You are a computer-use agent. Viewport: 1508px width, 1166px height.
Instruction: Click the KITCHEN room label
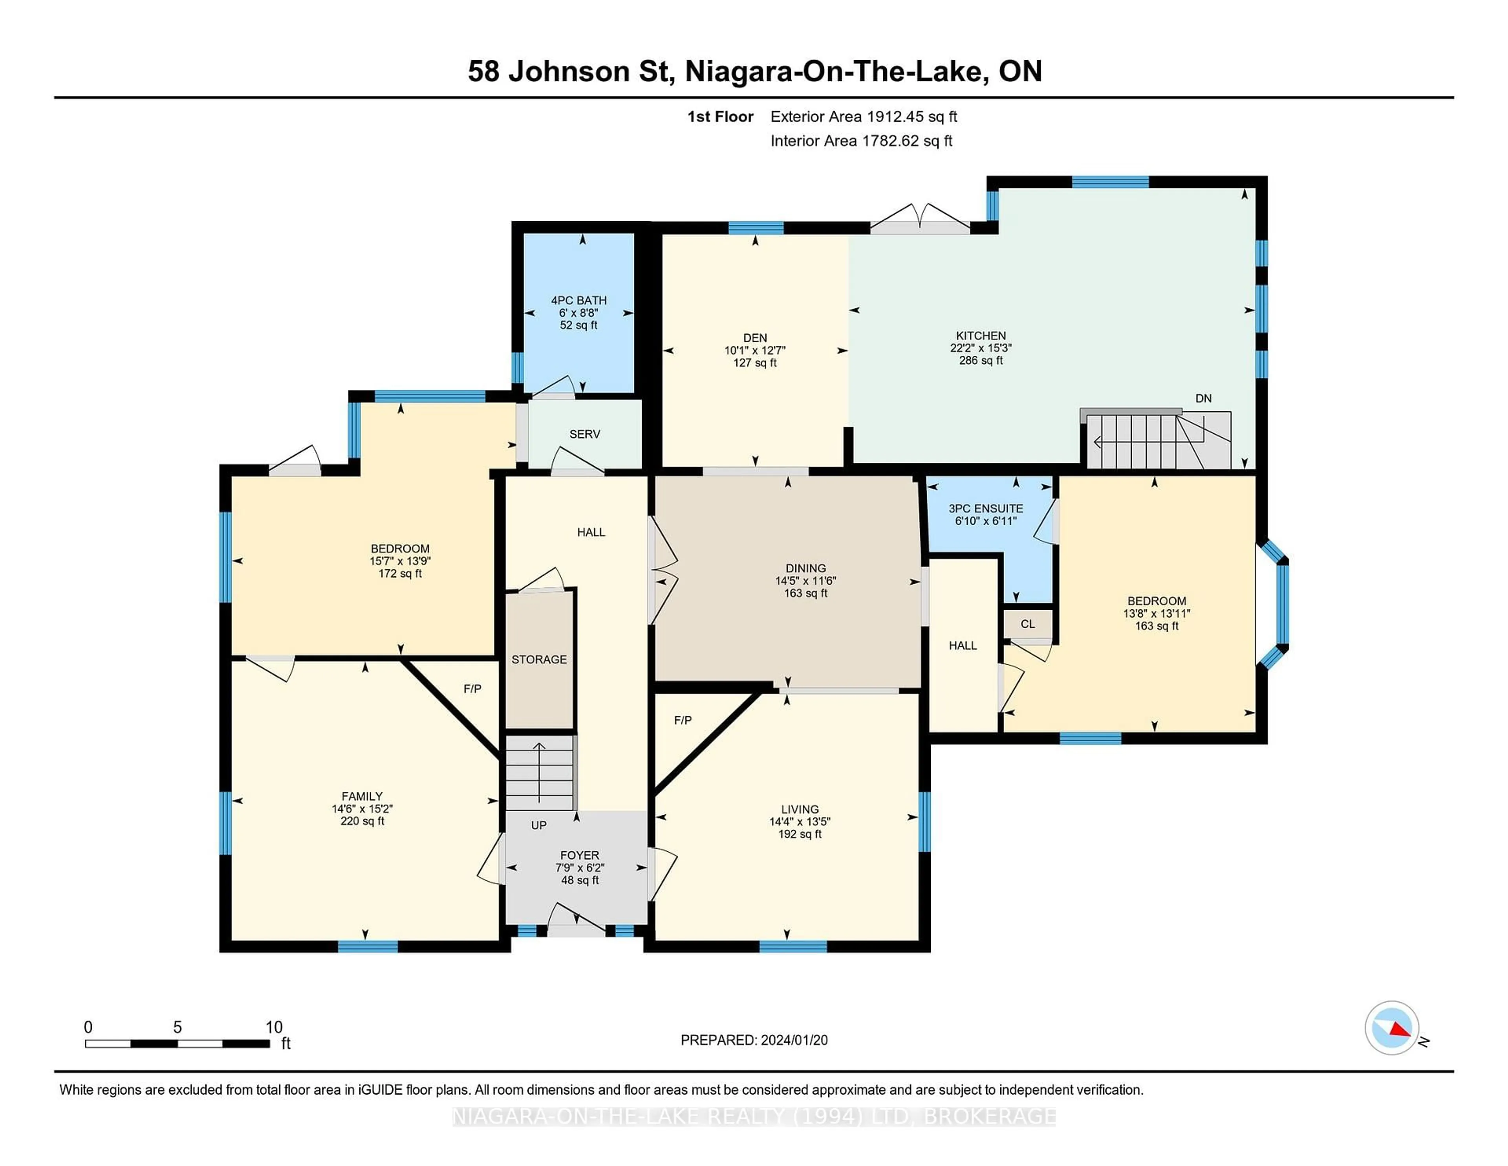tap(981, 336)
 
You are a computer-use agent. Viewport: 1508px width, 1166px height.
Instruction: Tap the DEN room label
tap(755, 338)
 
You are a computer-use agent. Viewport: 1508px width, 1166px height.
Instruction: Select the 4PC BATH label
tap(578, 301)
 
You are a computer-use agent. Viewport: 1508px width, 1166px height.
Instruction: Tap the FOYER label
tap(579, 855)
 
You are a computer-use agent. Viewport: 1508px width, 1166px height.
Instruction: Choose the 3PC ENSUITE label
tap(985, 508)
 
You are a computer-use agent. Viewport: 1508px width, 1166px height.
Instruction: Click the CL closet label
tap(1027, 624)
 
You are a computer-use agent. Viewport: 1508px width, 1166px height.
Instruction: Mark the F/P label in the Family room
tap(472, 689)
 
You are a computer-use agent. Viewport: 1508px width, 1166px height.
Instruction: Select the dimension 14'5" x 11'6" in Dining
tap(805, 581)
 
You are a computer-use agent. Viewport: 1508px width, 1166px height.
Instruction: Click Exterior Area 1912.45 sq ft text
tap(863, 117)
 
